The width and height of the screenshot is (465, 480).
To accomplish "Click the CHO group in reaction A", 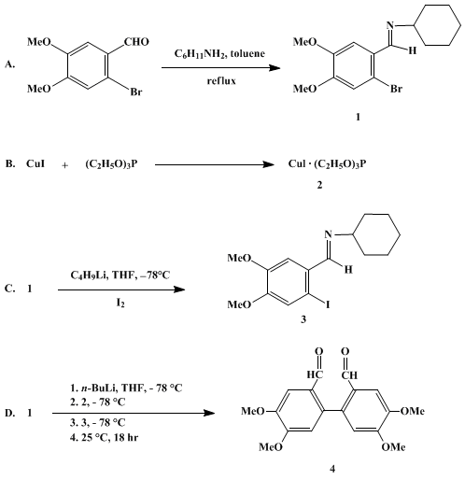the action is [x=136, y=42].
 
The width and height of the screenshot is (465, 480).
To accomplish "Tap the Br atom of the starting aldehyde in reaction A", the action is [x=136, y=92].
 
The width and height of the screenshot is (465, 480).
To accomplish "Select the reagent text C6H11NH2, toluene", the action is [x=219, y=54].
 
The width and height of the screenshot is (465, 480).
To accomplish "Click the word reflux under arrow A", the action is [x=221, y=81].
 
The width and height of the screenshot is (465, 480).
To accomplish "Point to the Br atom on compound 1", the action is [x=396, y=89].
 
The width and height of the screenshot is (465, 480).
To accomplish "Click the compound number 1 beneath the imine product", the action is [x=358, y=117].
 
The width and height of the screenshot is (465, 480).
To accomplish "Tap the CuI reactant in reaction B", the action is [x=35, y=163].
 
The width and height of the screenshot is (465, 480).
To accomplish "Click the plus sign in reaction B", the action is [x=64, y=165].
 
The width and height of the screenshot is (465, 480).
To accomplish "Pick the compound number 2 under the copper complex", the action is [x=319, y=185].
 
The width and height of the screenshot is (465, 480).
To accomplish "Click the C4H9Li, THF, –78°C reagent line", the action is [x=120, y=275].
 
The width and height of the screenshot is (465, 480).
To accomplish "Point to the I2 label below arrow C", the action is [x=120, y=303].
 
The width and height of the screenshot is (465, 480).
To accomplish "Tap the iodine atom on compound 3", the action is [x=328, y=304].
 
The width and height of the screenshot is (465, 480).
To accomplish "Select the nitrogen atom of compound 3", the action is [x=328, y=234].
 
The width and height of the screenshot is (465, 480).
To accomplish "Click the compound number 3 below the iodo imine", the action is [x=303, y=319].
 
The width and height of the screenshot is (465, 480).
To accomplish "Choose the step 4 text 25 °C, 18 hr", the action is [x=104, y=437].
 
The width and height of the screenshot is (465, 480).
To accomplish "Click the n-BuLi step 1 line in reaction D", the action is [x=126, y=388].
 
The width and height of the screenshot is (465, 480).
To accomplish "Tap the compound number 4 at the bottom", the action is [x=332, y=469].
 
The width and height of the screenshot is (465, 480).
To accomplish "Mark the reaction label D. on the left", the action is [x=9, y=413].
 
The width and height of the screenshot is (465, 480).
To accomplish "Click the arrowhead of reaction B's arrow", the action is [x=268, y=164].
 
